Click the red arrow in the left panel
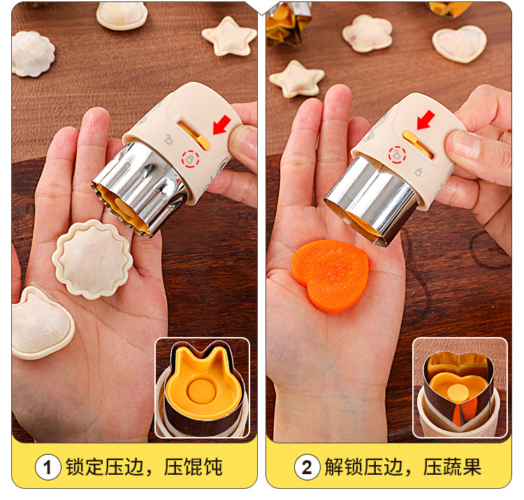click(222, 124)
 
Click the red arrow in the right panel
click(425, 120)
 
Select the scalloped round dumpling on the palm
click(92, 259)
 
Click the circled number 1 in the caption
click(48, 467)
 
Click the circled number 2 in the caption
click(307, 467)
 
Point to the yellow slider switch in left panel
click(203, 143)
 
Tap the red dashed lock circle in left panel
click(190, 159)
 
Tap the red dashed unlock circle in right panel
click(397, 155)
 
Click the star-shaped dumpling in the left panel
click(230, 36)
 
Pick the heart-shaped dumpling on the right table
click(460, 44)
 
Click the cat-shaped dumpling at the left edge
click(42, 323)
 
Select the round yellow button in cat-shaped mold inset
click(201, 390)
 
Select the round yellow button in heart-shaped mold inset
click(458, 392)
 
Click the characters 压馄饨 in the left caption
click(193, 467)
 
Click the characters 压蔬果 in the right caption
click(452, 467)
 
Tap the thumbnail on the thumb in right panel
click(467, 144)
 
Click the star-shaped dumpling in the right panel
click(297, 79)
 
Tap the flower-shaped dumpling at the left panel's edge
click(33, 54)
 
